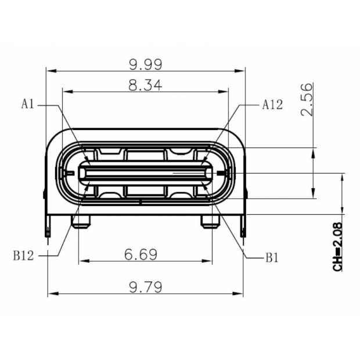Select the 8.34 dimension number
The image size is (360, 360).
tap(145, 85)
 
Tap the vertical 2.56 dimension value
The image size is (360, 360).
tap(307, 99)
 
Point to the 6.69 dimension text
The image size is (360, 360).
tap(145, 254)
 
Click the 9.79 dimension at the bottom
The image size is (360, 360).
tap(145, 286)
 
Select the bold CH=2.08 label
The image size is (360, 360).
tap(339, 249)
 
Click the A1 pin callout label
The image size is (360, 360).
tap(28, 105)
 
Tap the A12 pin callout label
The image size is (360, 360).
tap(272, 105)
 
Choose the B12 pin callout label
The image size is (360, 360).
tap(23, 254)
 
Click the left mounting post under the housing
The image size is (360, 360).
tap(80, 221)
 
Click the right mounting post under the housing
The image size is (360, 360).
tap(210, 221)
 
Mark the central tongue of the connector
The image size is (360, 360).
tap(145, 173)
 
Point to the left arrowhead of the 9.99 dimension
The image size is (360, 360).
tap(49, 71)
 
